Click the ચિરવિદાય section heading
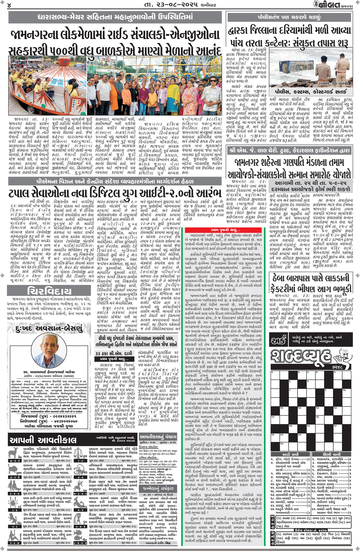(49, 291)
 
